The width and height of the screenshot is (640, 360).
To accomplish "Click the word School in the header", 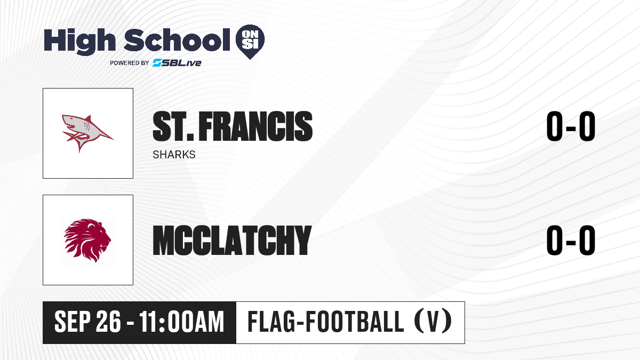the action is tap(177, 40).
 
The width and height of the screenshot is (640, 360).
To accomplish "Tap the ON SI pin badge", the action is tap(250, 42).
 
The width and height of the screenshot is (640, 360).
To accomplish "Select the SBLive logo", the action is tap(177, 63).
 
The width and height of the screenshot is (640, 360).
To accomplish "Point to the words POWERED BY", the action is tap(130, 63).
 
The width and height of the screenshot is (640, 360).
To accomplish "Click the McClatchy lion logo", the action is tap(87, 241).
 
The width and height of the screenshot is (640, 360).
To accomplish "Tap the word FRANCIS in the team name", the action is tap(255, 126).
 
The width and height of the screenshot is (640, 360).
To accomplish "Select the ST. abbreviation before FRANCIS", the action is tap(173, 126).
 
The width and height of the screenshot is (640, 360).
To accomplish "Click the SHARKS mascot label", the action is tap(174, 155).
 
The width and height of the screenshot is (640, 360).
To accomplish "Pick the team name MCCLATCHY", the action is tap(232, 241).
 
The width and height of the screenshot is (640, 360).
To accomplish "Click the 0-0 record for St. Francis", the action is tap(571, 126).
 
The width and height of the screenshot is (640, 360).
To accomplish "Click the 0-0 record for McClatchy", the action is tap(571, 240).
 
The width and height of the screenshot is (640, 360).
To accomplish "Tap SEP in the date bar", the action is tap(73, 322).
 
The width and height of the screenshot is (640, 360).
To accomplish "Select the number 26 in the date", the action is tap(108, 322).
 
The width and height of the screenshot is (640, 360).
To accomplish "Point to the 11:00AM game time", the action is tap(182, 322).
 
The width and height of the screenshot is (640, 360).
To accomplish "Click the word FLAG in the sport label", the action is tap(271, 322).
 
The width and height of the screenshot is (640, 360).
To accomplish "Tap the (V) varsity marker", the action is tap(433, 322).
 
